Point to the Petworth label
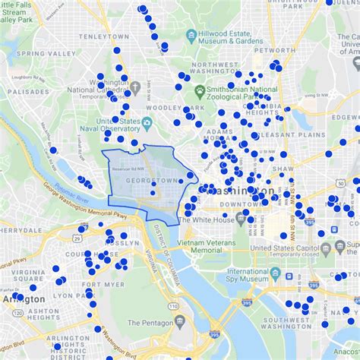point(269,50)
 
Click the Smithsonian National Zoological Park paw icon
point(200,90)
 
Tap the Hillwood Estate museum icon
point(191,34)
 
